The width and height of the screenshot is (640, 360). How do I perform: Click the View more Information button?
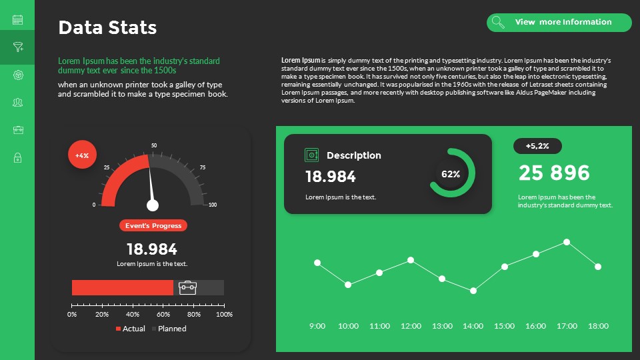tap(559, 23)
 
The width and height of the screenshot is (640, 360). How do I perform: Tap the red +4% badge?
tap(82, 155)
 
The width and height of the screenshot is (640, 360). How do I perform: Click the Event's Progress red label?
tap(153, 225)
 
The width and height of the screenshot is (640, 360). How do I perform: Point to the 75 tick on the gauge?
tap(202, 167)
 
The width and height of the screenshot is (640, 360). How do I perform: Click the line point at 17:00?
tap(567, 242)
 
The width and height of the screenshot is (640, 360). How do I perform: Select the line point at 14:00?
tap(473, 291)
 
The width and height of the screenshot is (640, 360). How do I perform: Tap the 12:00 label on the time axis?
tap(411, 326)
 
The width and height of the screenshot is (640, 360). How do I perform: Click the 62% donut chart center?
tap(451, 174)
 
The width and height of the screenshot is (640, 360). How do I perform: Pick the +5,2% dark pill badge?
tap(537, 146)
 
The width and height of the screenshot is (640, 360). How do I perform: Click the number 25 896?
tap(554, 173)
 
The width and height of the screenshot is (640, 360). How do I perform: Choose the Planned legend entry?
tap(169, 329)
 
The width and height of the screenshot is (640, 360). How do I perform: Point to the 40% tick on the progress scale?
tap(133, 313)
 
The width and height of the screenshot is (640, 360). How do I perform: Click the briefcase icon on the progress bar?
tap(188, 287)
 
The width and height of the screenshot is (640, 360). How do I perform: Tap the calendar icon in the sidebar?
tap(17, 19)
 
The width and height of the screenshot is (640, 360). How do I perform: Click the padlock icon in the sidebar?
tap(17, 158)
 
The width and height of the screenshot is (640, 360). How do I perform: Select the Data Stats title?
tap(107, 27)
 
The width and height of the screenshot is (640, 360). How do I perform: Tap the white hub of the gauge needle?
tap(153, 205)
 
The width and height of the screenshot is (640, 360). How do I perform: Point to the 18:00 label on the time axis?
tap(598, 326)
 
